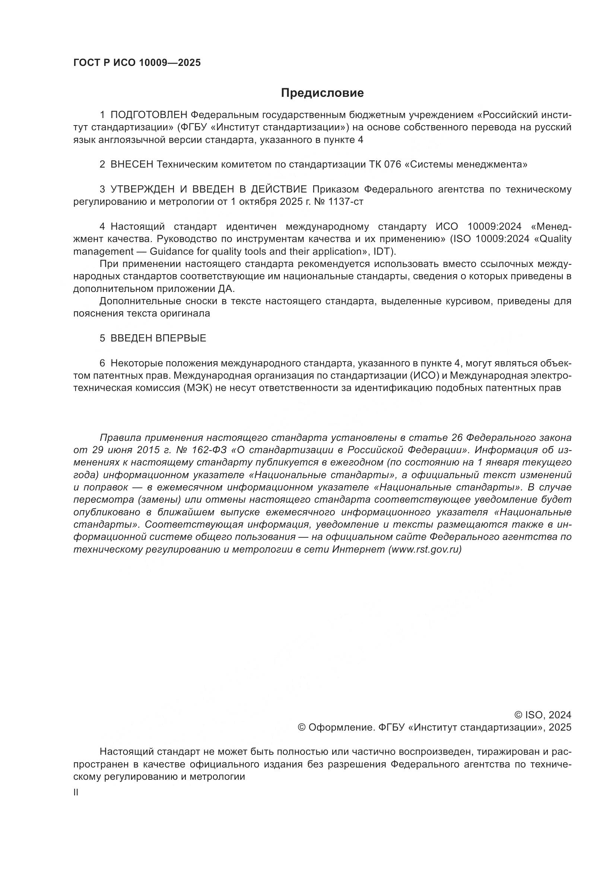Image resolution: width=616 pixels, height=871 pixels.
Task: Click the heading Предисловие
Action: [x=322, y=93]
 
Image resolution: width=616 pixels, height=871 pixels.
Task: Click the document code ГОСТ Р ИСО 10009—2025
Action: [x=137, y=63]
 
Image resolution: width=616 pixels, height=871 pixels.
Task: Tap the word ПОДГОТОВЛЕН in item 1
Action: [x=149, y=115]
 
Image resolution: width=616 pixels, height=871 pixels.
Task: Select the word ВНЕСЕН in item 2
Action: [x=131, y=165]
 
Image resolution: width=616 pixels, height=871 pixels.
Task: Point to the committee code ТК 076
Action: [x=385, y=165]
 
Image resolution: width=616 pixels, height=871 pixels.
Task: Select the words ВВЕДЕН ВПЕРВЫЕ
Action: [x=158, y=338]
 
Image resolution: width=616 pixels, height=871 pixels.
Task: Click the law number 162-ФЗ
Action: [x=211, y=450]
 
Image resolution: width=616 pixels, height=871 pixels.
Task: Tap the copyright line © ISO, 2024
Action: [x=542, y=715]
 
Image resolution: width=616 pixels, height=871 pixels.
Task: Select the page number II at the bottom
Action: [x=76, y=792]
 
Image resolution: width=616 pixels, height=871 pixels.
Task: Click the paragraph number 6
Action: [x=102, y=363]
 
